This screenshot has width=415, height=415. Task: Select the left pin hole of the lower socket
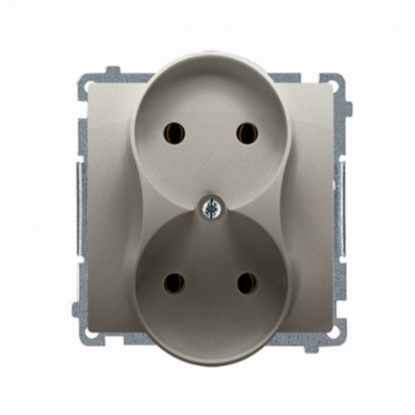tap(169, 282)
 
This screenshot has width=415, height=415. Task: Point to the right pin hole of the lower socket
tap(246, 282)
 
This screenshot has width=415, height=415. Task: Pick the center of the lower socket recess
tap(207, 285)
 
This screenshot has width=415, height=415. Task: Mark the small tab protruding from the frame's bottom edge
tap(303, 346)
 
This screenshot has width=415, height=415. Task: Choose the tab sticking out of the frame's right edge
tap(347, 108)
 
